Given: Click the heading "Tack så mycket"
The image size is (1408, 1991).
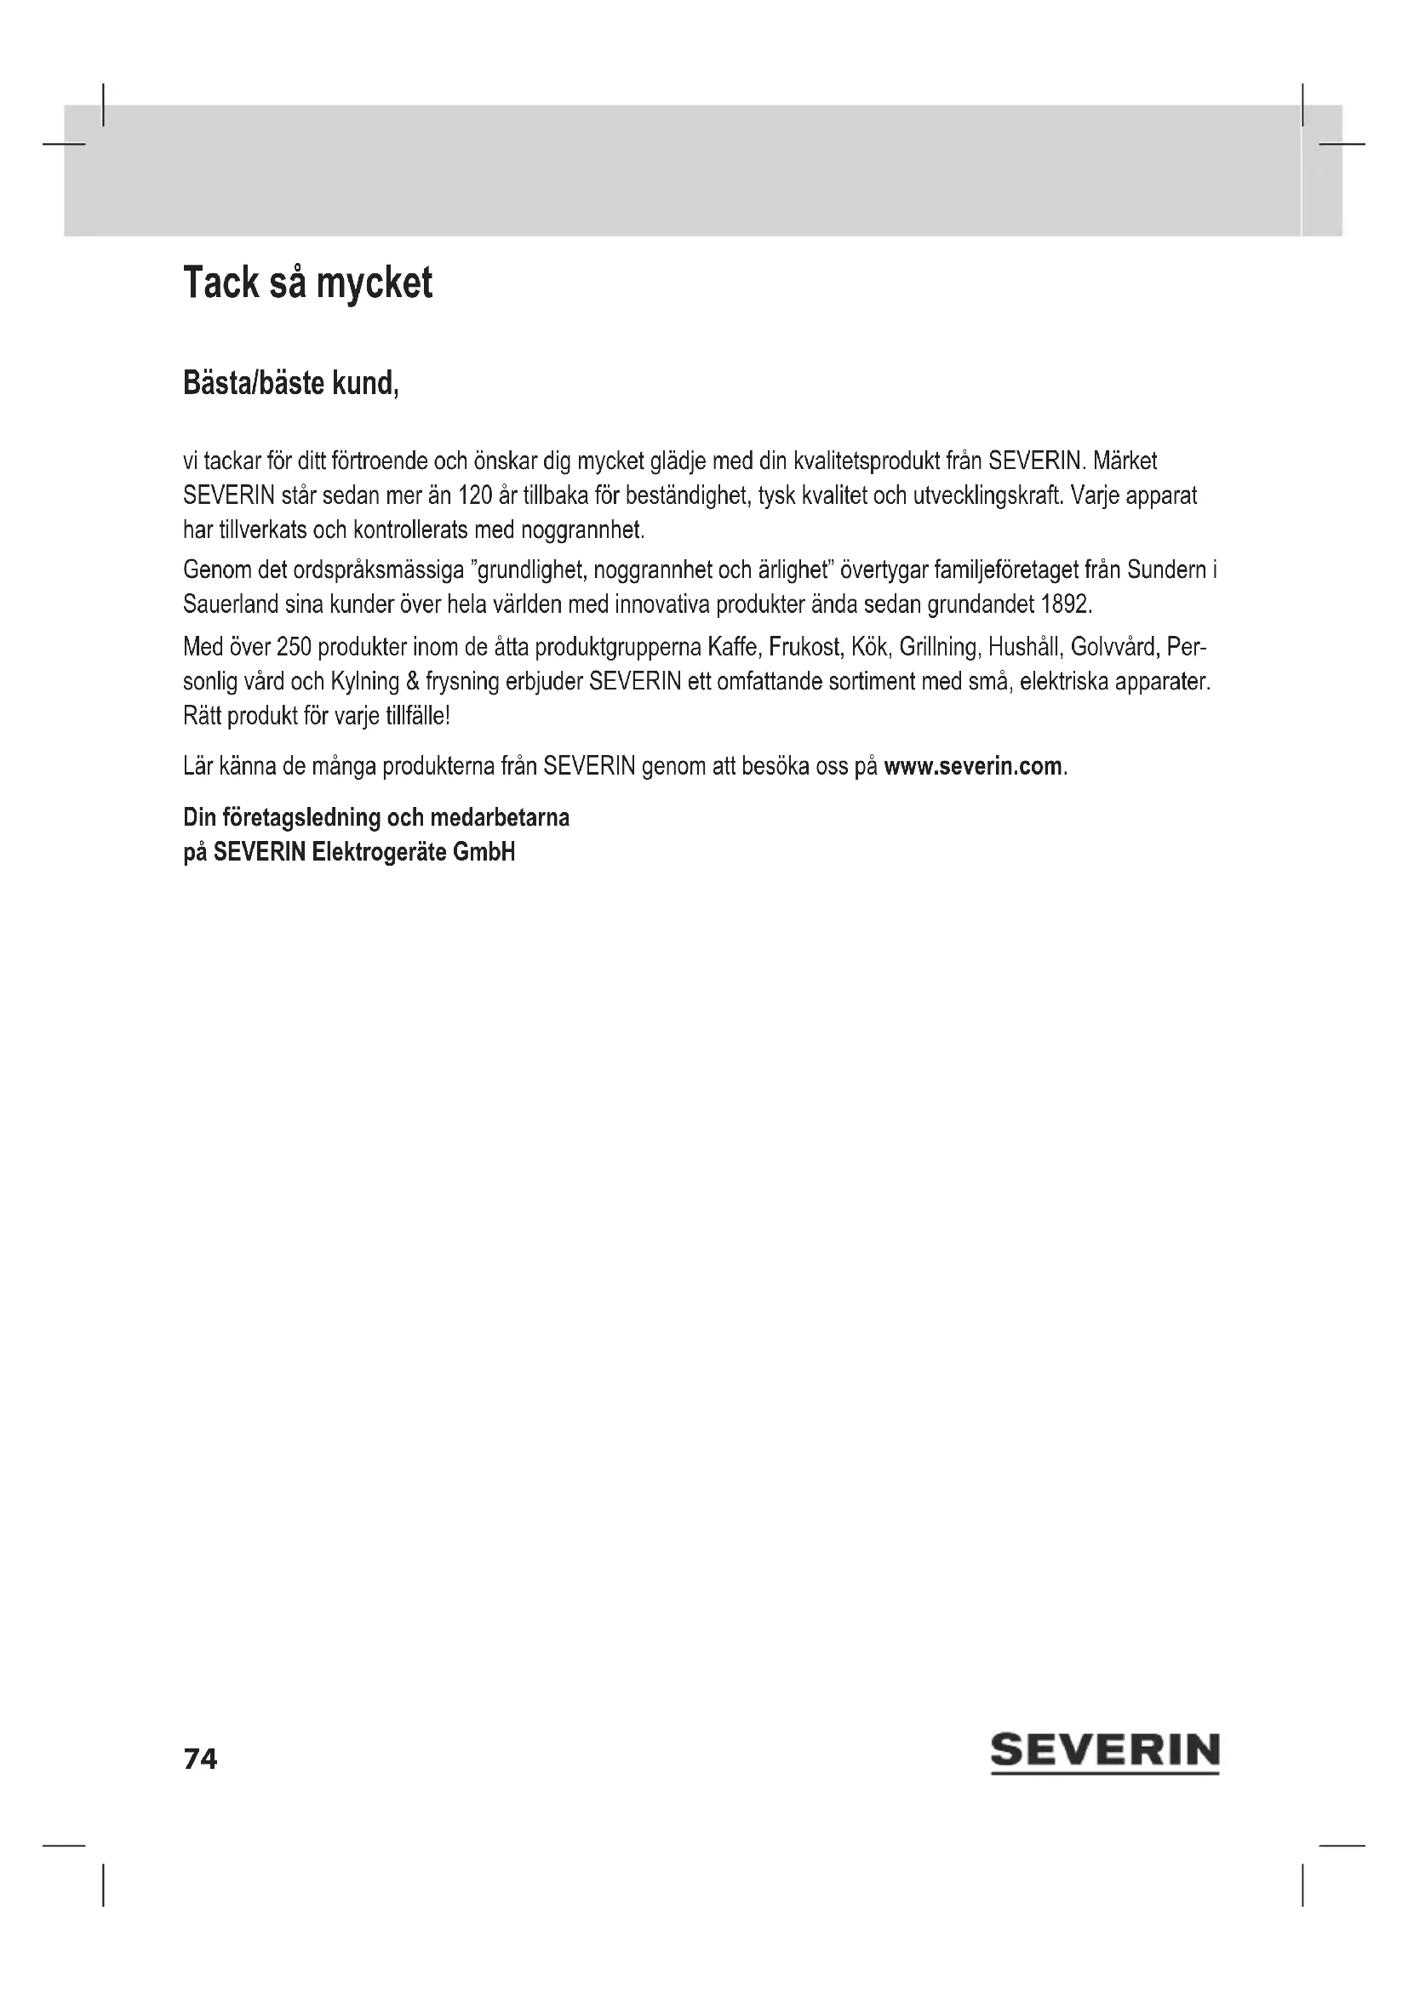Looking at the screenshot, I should tap(308, 283).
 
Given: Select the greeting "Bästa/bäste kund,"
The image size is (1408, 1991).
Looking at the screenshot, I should tap(290, 382).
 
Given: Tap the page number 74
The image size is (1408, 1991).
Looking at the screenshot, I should tap(200, 1759).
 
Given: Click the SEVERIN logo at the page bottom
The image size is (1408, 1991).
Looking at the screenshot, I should tap(1105, 1752).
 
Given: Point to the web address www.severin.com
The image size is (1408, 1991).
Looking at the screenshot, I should tap(973, 767).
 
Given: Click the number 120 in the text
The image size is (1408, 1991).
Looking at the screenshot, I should tap(475, 496).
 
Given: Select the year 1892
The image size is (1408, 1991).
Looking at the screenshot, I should tap(1066, 604).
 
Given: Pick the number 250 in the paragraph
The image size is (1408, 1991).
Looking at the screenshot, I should tap(294, 647).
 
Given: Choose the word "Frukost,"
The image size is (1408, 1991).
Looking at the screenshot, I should tap(806, 647).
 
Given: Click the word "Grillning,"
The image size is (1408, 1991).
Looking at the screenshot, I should tap(939, 647).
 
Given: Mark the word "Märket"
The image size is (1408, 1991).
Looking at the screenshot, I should tap(1125, 461).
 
